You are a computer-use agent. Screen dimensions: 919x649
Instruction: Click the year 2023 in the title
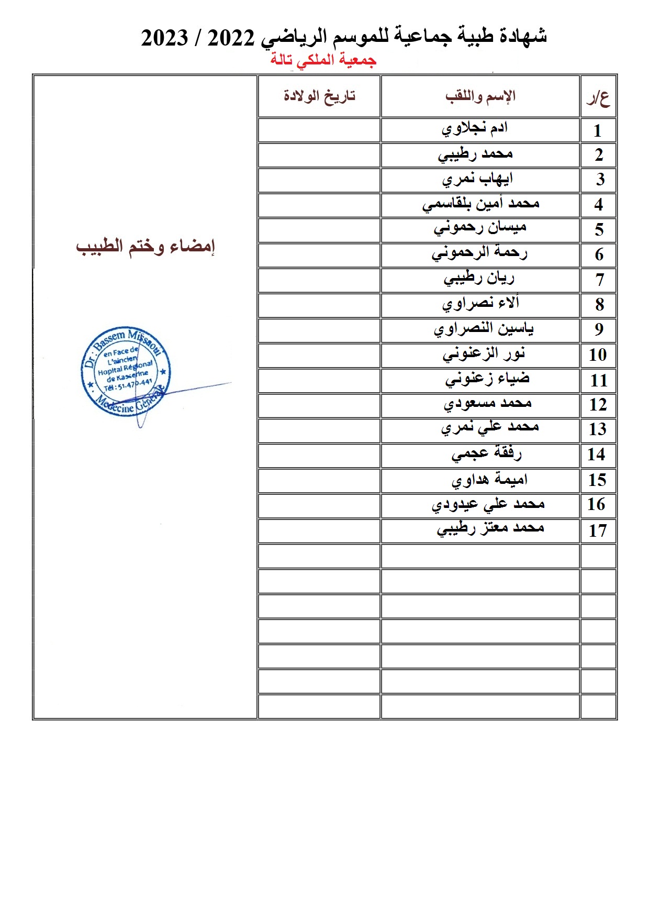(164, 38)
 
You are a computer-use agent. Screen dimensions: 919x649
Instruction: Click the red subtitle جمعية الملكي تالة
(323, 60)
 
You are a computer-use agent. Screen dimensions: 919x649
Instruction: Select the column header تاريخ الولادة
(319, 96)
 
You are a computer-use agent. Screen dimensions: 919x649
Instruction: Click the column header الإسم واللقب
(480, 96)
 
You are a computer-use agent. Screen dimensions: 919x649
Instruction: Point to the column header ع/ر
(598, 98)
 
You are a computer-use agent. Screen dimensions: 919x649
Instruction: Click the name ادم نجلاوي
(475, 128)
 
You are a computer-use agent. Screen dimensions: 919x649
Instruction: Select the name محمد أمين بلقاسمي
(480, 204)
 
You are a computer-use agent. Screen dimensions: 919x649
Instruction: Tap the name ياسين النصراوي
(484, 329)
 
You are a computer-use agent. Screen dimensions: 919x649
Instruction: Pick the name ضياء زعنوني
(487, 379)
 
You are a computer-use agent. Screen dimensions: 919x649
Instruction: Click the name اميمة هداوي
(489, 480)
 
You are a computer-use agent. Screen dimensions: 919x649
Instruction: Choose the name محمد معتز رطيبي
(490, 528)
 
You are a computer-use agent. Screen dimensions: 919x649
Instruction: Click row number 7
(599, 280)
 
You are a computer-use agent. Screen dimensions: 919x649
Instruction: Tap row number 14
(597, 454)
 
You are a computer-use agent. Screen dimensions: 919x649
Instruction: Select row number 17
(597, 530)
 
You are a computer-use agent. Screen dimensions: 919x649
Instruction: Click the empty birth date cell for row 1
(319, 130)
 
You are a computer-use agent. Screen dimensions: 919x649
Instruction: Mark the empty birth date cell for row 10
(319, 356)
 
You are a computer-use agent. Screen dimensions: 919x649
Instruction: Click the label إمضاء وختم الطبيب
(146, 247)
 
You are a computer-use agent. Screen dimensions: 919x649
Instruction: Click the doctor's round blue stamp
(126, 371)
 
